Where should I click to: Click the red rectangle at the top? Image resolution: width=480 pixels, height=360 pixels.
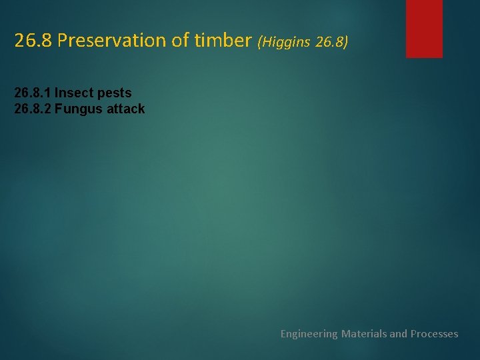pos(424,28)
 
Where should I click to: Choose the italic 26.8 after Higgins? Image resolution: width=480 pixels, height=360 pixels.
pos(331,42)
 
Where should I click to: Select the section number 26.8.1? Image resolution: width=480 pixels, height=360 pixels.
pos(33,93)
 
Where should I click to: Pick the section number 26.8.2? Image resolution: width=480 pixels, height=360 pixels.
pos(33,109)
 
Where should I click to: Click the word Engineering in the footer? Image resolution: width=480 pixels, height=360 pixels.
pos(309,334)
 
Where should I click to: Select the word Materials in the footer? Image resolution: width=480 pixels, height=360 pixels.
pos(363,333)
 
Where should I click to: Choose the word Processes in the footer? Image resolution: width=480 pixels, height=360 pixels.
pos(434,333)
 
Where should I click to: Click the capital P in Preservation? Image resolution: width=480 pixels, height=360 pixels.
pos(62,41)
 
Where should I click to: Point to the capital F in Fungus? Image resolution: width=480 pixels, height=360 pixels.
pos(58,109)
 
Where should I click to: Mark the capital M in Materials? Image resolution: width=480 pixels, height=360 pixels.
pos(345,333)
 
